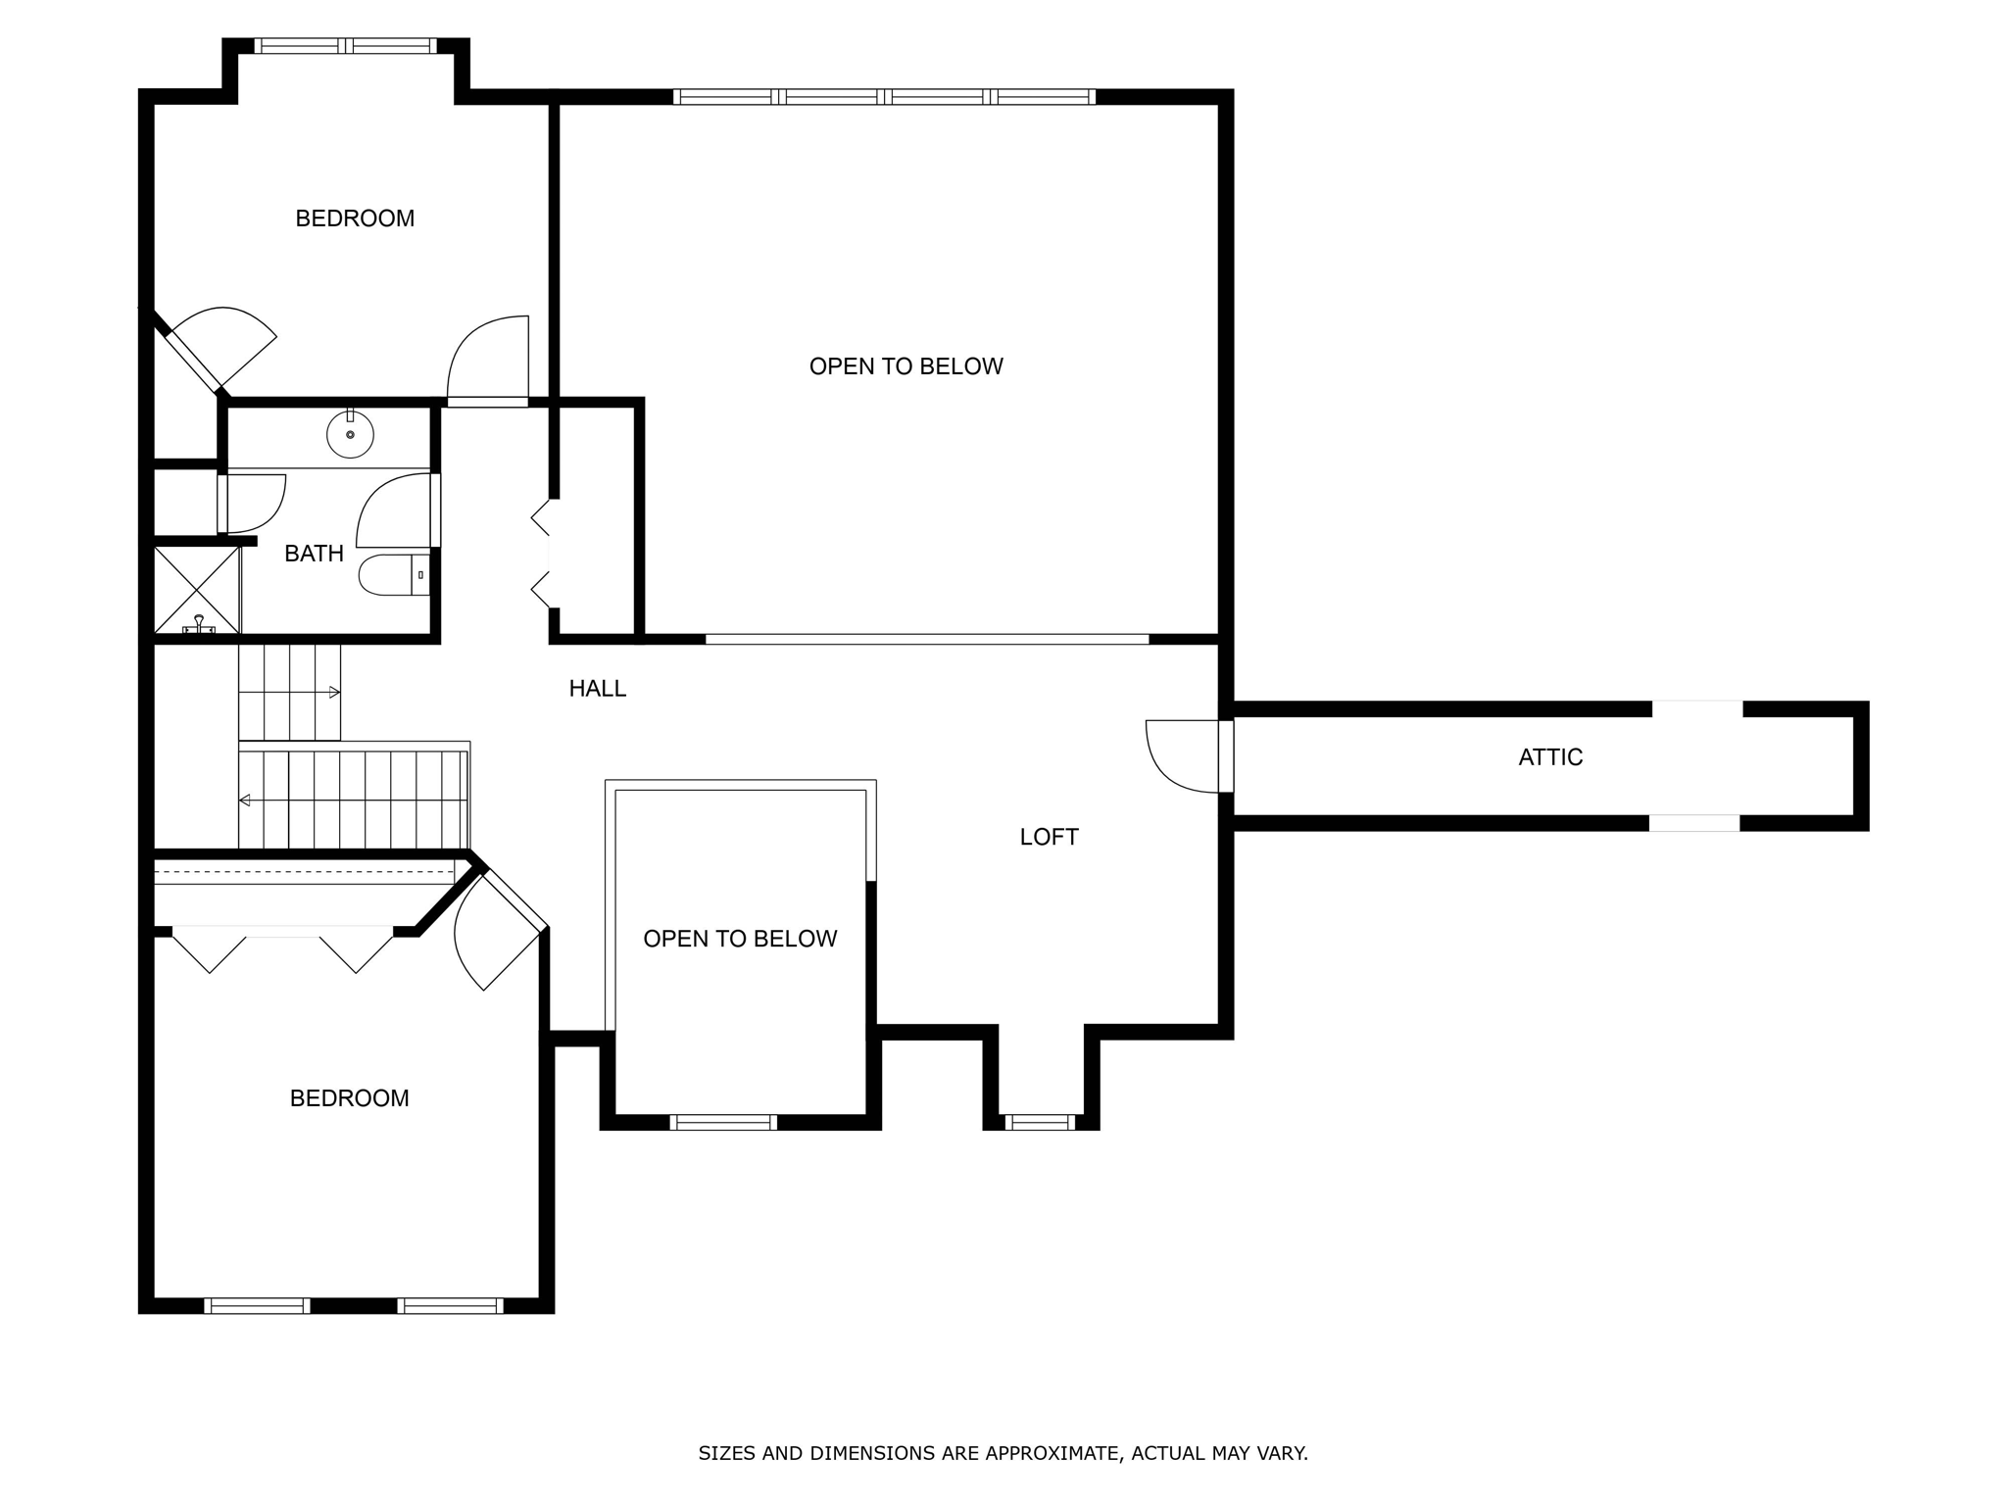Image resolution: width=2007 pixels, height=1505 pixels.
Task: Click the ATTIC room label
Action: (1550, 757)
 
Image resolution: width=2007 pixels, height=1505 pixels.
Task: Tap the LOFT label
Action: (1049, 837)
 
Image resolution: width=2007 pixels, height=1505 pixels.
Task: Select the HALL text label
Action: (597, 689)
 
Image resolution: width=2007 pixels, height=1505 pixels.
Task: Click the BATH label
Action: (314, 554)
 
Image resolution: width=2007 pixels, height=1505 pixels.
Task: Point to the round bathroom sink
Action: (350, 434)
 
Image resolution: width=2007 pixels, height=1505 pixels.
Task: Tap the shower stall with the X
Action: (197, 590)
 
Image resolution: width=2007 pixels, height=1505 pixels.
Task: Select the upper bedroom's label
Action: (355, 218)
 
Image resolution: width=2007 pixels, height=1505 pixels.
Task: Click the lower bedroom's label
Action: (349, 1098)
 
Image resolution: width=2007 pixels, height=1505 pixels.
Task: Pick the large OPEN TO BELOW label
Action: (906, 366)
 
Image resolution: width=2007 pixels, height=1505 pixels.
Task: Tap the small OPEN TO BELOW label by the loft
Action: (740, 939)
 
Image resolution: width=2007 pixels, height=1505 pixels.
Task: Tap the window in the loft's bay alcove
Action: (1040, 1122)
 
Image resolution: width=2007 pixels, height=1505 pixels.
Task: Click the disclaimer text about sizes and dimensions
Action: (1003, 1453)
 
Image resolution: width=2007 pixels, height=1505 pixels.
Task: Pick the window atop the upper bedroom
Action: (345, 46)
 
